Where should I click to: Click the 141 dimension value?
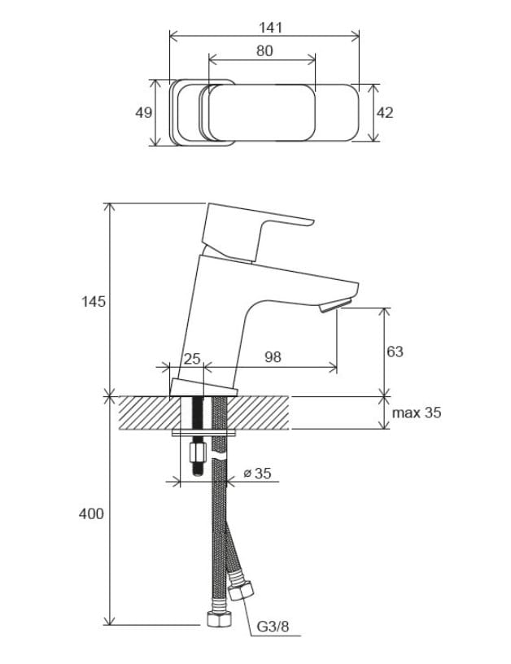pos(270,28)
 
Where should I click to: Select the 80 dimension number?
pos(264,50)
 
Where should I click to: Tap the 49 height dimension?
pos(143,112)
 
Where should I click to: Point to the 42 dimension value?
pos(384,112)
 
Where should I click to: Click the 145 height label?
pos(94,302)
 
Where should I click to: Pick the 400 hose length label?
pos(92,513)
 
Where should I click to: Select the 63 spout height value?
pos(395,352)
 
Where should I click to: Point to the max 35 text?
pos(417,413)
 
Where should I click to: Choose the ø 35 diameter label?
pos(257,473)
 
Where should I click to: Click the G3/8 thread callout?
pos(273,627)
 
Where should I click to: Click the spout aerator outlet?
pos(334,307)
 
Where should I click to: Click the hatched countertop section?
pos(146,413)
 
